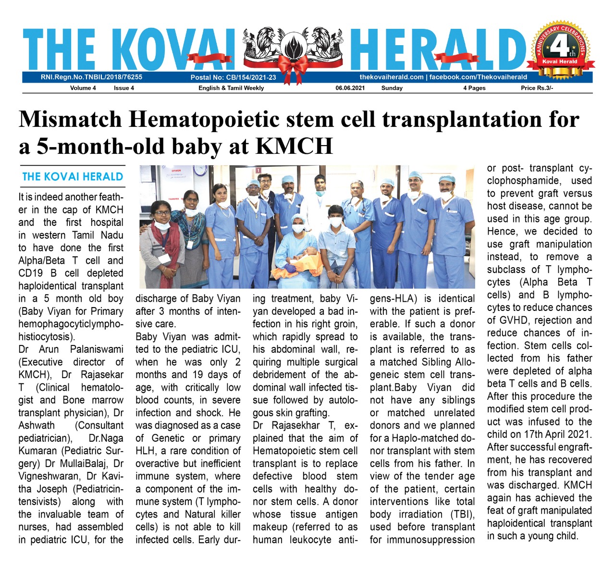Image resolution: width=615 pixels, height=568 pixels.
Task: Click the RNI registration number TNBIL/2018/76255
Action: [91, 77]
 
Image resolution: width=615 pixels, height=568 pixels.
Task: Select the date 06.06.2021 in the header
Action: [350, 88]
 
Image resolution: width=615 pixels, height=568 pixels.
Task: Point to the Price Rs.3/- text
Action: [537, 88]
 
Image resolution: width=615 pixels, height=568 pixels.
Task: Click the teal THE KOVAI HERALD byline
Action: [73, 176]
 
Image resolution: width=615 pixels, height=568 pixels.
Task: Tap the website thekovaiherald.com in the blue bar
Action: [392, 77]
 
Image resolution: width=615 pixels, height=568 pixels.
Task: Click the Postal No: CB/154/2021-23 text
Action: [233, 77]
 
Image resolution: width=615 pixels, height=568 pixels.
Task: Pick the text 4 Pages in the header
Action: [474, 88]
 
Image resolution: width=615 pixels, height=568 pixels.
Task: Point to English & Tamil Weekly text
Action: [231, 88]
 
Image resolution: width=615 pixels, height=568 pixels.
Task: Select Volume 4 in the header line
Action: [83, 88]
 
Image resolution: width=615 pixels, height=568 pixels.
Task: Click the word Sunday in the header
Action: [392, 88]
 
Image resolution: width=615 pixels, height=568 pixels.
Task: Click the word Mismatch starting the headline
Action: [70, 119]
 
